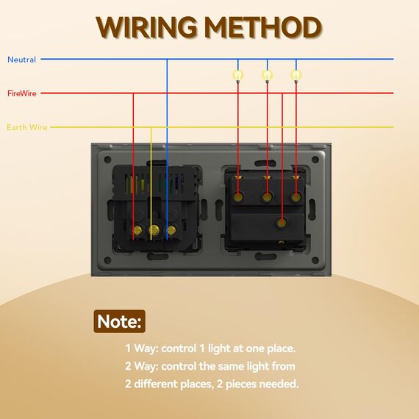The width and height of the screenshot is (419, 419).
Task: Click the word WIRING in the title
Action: [x=146, y=27]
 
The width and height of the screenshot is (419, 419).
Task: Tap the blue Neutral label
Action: [x=21, y=60]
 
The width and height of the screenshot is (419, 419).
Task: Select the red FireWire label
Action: [x=22, y=93]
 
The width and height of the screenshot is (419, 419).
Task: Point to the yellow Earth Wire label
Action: [x=27, y=127]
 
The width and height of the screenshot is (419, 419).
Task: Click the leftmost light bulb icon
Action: [x=238, y=76]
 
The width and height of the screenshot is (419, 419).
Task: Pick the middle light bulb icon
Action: [x=267, y=76]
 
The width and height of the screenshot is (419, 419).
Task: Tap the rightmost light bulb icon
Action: [x=296, y=76]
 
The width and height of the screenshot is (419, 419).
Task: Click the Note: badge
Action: [x=119, y=321]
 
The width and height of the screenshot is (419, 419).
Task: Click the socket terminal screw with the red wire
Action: [x=137, y=230]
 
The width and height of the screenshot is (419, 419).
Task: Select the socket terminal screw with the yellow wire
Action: [x=154, y=230]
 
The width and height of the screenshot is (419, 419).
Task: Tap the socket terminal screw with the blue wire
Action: [x=171, y=230]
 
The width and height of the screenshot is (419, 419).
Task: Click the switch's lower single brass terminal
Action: [x=282, y=222]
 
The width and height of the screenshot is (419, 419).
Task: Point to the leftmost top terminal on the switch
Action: [x=238, y=197]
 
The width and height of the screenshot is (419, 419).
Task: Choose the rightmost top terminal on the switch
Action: [x=296, y=197]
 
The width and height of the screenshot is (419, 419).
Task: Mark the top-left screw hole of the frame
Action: [x=107, y=160]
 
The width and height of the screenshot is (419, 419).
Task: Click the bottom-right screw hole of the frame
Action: [x=315, y=260]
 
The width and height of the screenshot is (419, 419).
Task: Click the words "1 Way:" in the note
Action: [x=142, y=348]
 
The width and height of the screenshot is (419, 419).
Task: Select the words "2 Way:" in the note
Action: [x=142, y=366]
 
